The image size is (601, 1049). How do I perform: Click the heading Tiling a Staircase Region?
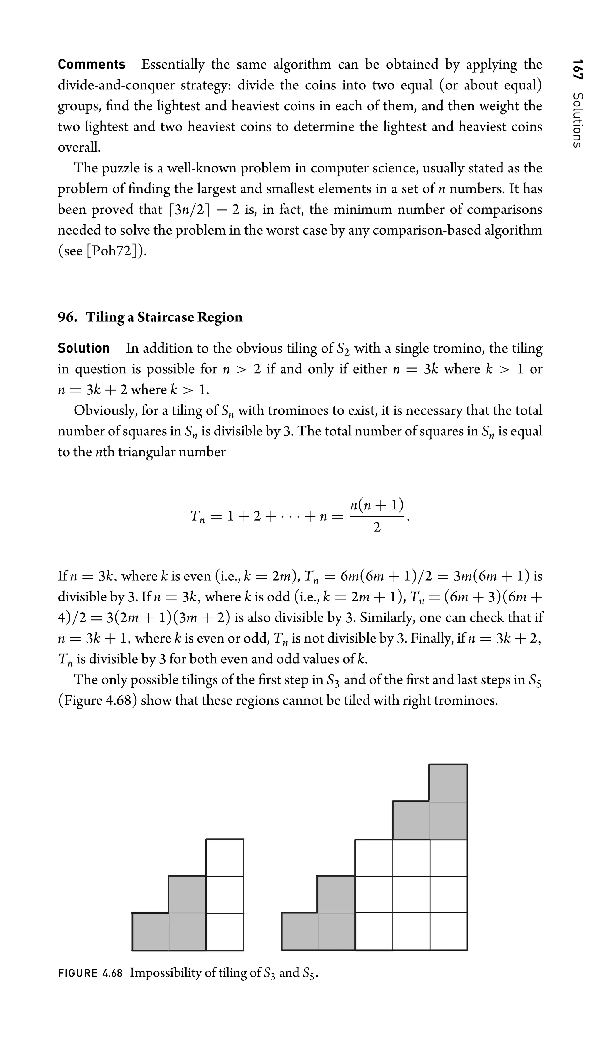click(164, 317)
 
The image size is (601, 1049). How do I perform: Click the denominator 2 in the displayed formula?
click(377, 528)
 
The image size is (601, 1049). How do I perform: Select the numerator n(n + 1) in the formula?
click(377, 505)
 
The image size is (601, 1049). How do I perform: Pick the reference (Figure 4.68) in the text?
click(97, 700)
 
